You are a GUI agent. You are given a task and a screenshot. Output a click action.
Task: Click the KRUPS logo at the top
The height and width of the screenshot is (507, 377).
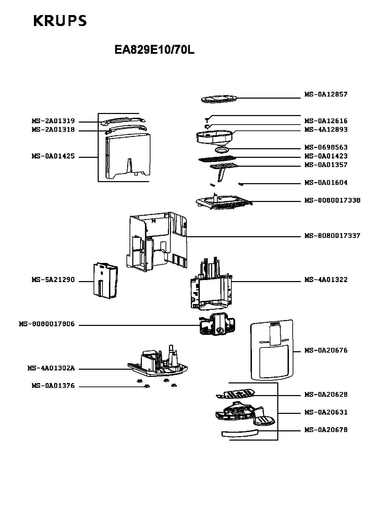click(x=60, y=21)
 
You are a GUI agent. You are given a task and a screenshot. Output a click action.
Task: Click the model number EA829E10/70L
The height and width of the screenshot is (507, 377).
click(x=154, y=50)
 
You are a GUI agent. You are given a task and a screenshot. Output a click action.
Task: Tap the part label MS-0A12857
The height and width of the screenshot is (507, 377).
click(x=326, y=94)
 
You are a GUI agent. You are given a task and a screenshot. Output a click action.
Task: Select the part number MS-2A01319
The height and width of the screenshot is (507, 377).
click(x=53, y=121)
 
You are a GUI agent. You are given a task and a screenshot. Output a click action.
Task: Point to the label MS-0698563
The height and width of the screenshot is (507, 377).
click(x=326, y=148)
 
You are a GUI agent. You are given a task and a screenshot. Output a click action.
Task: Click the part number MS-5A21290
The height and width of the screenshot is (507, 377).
click(x=53, y=280)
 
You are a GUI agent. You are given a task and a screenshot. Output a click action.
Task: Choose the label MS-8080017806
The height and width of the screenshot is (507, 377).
click(x=47, y=324)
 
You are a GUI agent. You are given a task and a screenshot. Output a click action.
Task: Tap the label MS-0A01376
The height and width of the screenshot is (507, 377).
click(x=53, y=386)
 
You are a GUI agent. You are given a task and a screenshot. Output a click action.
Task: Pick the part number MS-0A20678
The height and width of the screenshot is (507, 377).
click(x=326, y=430)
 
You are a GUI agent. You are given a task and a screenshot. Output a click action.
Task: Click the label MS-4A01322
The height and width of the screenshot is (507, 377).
click(x=326, y=280)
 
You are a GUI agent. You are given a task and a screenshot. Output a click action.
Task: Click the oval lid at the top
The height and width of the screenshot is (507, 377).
click(x=218, y=99)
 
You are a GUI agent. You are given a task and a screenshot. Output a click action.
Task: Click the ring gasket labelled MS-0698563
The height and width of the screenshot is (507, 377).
click(x=222, y=150)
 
